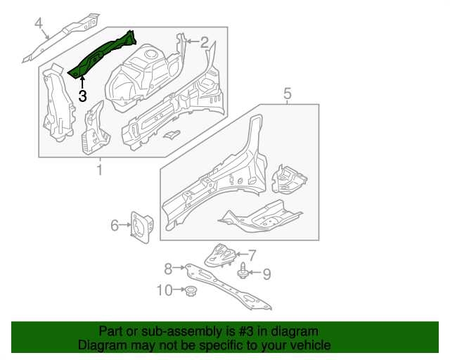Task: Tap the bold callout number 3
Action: coord(82,96)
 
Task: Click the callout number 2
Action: coord(204,42)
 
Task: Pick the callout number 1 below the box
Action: coord(99,169)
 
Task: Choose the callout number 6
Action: coord(115,225)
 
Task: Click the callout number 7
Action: coord(252,255)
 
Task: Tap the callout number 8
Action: coord(168,268)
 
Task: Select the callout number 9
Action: coord(266,273)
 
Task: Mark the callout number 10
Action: coord(163,289)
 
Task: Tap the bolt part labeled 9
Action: coord(243,271)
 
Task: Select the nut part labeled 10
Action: coord(188,290)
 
